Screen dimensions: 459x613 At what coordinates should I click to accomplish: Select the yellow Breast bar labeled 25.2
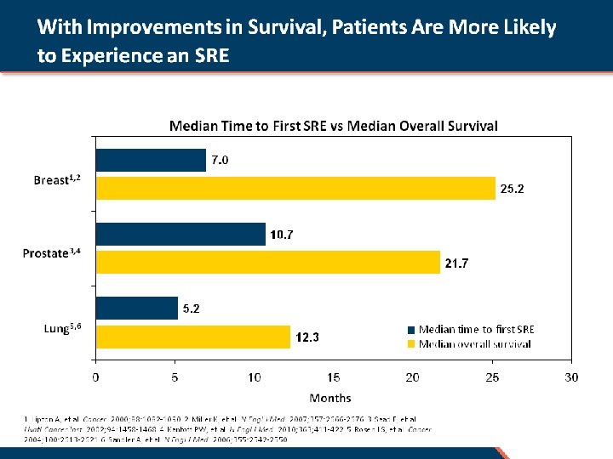[x=295, y=188]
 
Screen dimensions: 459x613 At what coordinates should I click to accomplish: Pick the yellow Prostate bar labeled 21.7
[x=267, y=263]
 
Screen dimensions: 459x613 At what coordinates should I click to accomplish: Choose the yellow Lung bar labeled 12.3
[x=193, y=337]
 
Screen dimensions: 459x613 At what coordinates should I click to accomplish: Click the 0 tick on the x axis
[x=95, y=377]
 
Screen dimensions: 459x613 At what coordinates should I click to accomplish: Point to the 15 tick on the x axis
[x=334, y=377]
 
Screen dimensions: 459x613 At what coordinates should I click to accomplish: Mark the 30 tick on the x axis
[x=571, y=377]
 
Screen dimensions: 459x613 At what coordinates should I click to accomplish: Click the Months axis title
[x=330, y=398]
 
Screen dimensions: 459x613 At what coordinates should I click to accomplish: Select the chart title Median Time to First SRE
[x=334, y=126]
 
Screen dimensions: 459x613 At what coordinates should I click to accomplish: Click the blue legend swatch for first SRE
[x=412, y=330]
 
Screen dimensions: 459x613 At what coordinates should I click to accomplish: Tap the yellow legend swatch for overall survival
[x=412, y=344]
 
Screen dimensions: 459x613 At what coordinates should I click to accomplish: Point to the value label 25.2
[x=512, y=189]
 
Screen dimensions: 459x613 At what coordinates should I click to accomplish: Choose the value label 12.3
[x=307, y=337]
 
